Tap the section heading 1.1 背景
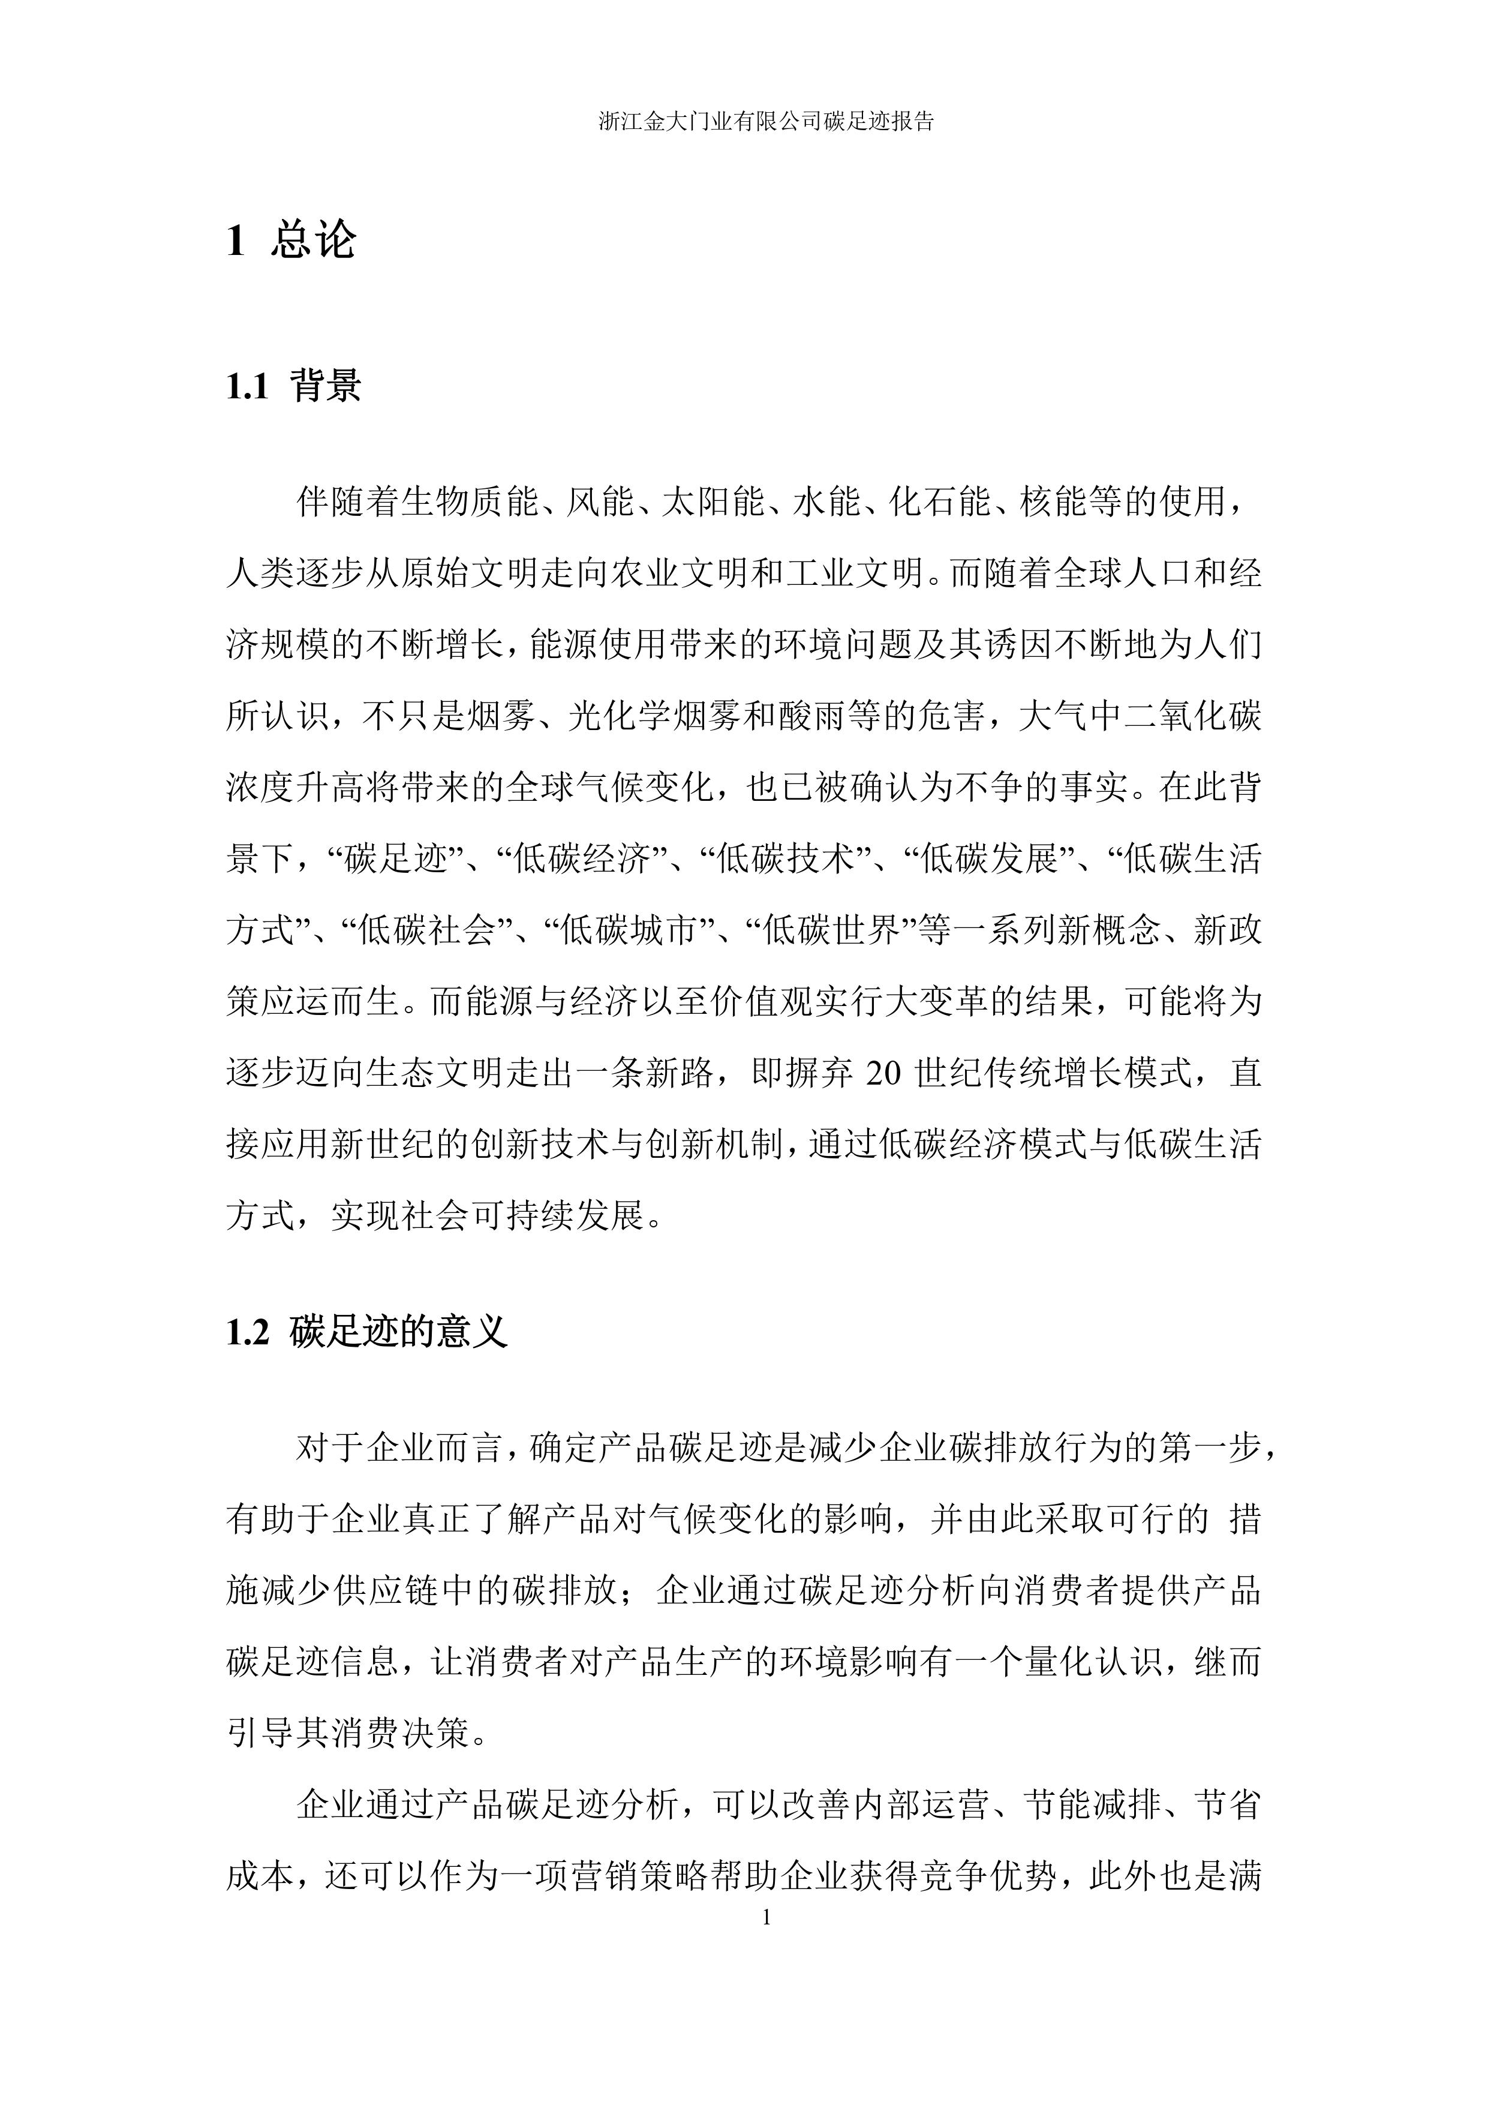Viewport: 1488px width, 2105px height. (x=293, y=386)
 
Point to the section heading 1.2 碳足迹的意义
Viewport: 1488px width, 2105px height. (x=366, y=1331)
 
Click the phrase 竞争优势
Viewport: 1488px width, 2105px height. (x=983, y=1876)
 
